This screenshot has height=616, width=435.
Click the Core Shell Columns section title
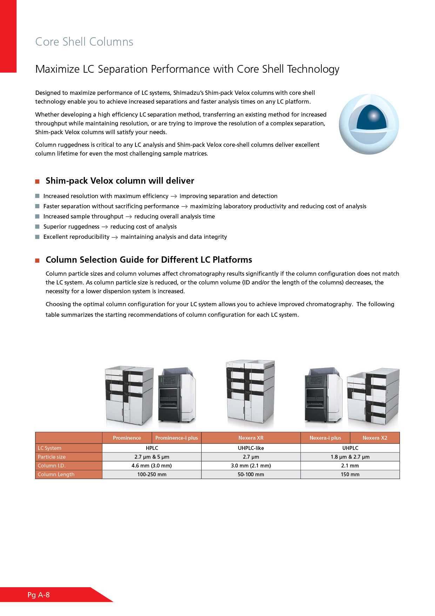click(x=84, y=42)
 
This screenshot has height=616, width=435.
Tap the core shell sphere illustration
click(x=369, y=124)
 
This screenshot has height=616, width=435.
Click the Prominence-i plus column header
click(x=176, y=438)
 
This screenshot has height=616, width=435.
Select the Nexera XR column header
click(x=251, y=438)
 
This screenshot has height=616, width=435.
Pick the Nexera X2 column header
click(x=375, y=438)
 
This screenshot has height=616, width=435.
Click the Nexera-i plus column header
click(x=325, y=438)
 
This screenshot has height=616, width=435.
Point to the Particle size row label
click(x=52, y=457)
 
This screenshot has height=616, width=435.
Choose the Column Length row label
click(x=56, y=474)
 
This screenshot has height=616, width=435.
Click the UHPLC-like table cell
click(x=251, y=448)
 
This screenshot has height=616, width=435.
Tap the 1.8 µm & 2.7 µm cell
click(x=350, y=457)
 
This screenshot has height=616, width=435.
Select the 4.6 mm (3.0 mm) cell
click(x=152, y=466)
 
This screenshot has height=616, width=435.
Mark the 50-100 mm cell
click(x=251, y=474)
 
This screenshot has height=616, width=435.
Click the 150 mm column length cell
click(x=350, y=474)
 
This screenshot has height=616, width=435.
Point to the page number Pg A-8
click(x=39, y=595)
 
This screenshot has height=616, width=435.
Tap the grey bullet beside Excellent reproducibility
click(x=37, y=237)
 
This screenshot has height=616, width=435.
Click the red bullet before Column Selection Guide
click(x=37, y=260)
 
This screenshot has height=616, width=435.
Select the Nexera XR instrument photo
click(x=250, y=392)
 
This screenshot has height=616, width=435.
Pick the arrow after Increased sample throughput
click(x=129, y=217)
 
